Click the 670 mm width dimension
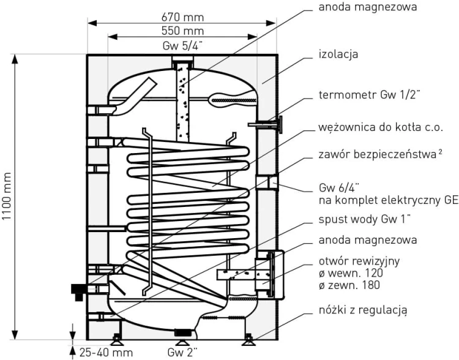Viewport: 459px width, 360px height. click(x=182, y=17)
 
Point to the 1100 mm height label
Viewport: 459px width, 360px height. click(x=7, y=197)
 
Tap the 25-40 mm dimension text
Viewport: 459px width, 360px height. click(x=106, y=353)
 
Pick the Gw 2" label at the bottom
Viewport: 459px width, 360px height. click(x=182, y=353)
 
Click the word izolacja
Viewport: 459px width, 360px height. click(x=339, y=54)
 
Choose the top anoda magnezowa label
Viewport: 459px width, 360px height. click(x=367, y=8)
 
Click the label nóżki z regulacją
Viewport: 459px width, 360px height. click(x=363, y=310)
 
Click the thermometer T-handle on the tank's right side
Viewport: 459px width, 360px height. click(x=280, y=125)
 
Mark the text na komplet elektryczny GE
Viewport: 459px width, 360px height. click(x=389, y=200)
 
